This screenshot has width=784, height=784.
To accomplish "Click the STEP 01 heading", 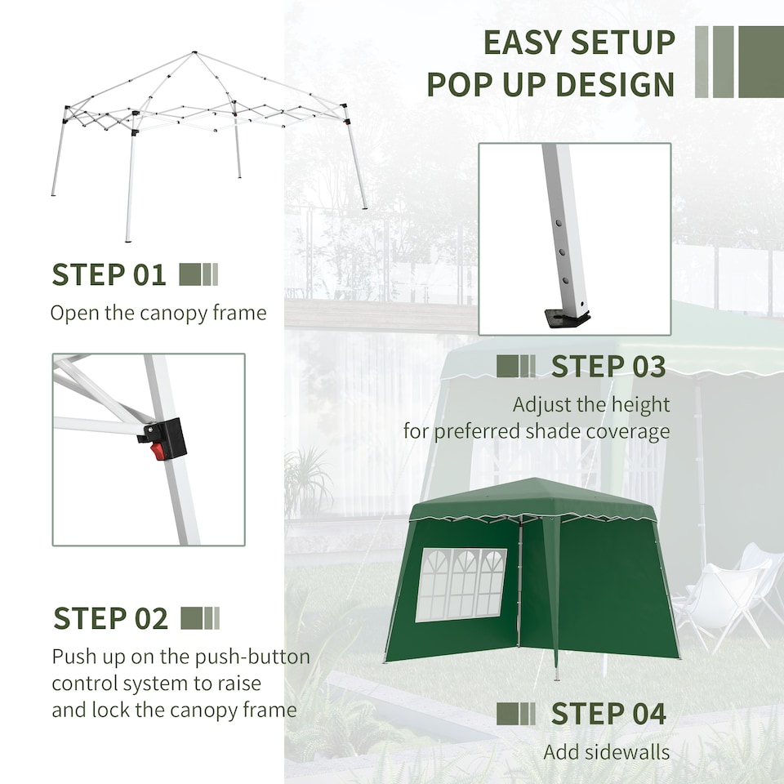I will (x=109, y=275).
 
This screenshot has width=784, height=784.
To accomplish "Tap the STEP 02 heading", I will (x=110, y=618).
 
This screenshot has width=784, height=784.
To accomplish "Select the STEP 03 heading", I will (x=608, y=367).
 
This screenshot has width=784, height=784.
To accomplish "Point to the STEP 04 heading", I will (x=608, y=714).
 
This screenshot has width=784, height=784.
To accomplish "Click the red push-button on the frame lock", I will (x=158, y=450).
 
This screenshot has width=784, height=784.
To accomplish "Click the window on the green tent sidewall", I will (x=461, y=584).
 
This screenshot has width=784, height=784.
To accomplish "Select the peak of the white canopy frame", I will (x=194, y=54).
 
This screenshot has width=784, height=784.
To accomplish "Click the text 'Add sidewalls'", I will (x=606, y=752).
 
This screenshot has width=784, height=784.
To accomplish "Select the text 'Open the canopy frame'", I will (x=158, y=313).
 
